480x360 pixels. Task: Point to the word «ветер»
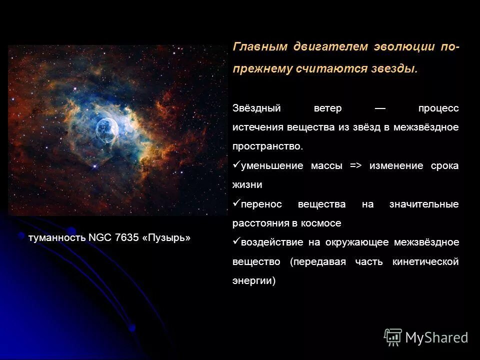[327, 108]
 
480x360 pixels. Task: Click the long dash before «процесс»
[380, 108]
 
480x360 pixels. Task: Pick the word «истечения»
[258, 127]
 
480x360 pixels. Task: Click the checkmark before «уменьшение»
[236, 164]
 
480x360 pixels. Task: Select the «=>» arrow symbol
[355, 166]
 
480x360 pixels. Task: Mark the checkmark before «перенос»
[236, 203]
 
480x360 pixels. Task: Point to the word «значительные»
[423, 204]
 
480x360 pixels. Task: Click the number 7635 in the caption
[126, 237]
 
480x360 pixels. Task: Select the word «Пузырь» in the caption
[166, 237]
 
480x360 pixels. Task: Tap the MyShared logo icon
[393, 337]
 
